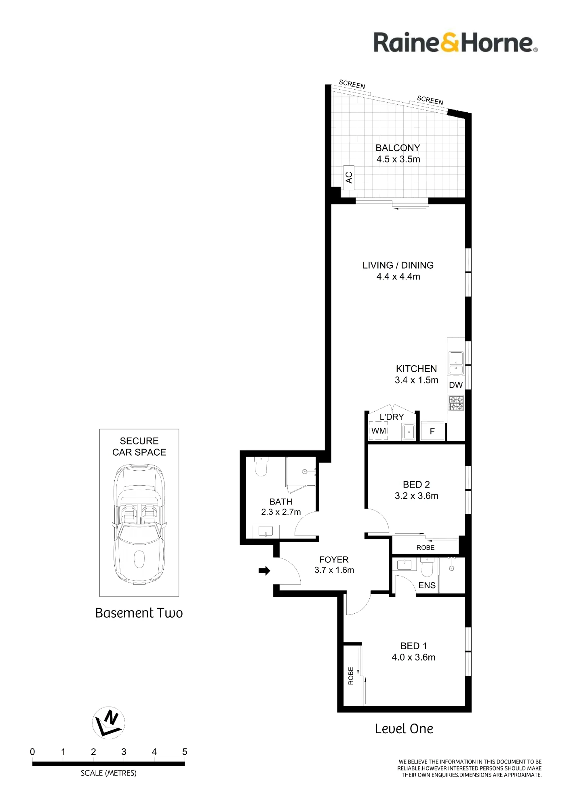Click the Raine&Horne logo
tap(455, 42)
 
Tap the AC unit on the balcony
tap(349, 177)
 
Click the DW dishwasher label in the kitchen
tap(456, 385)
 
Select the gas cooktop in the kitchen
tap(456, 403)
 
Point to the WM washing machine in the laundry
tap(379, 431)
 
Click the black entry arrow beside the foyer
tap(264, 571)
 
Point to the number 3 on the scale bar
tap(124, 752)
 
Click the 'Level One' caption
tap(404, 728)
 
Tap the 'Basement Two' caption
tap(139, 613)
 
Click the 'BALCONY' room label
tap(398, 148)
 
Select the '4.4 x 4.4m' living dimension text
tap(398, 276)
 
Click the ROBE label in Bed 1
tap(351, 676)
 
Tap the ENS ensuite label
tap(427, 585)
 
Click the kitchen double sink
tap(456, 363)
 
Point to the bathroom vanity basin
tap(265, 531)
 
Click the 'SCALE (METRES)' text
tap(109, 773)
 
